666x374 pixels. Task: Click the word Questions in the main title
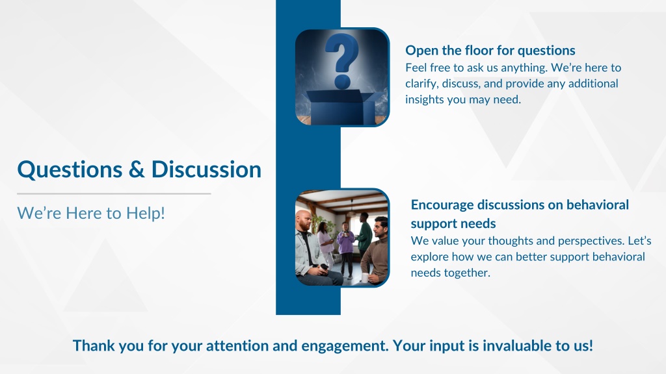(70, 170)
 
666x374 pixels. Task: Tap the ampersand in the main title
(137, 169)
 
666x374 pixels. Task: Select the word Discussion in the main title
(206, 169)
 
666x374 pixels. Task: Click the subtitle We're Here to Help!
(91, 213)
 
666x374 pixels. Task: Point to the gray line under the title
(114, 193)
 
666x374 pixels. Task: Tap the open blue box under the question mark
(344, 107)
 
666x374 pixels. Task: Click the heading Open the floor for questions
(490, 51)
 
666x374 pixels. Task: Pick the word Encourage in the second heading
(442, 205)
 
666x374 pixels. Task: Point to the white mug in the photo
(365, 278)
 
